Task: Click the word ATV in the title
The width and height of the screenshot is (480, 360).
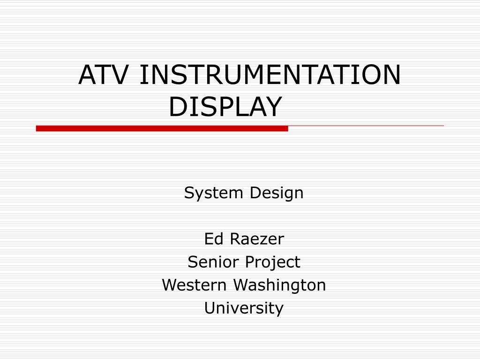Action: [103, 75]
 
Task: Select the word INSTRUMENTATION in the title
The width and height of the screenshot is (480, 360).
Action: [270, 75]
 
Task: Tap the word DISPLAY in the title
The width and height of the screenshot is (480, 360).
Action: [225, 106]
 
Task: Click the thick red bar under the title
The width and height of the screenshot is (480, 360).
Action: [162, 128]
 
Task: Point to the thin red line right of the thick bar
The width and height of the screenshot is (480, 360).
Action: [366, 126]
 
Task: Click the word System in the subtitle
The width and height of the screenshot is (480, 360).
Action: [213, 193]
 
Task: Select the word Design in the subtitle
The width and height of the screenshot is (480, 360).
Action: [277, 193]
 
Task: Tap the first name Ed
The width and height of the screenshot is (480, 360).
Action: [214, 239]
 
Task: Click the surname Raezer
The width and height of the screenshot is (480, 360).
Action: [257, 239]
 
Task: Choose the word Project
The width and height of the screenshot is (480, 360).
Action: [273, 262]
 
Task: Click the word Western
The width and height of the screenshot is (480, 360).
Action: [194, 285]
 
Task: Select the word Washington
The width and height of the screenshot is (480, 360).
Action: [279, 285]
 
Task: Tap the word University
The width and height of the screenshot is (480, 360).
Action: [244, 308]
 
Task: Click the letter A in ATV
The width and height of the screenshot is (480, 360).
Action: [87, 75]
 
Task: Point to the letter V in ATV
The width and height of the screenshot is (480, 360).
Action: [118, 75]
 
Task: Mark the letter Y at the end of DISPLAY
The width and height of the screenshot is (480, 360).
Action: [272, 106]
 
